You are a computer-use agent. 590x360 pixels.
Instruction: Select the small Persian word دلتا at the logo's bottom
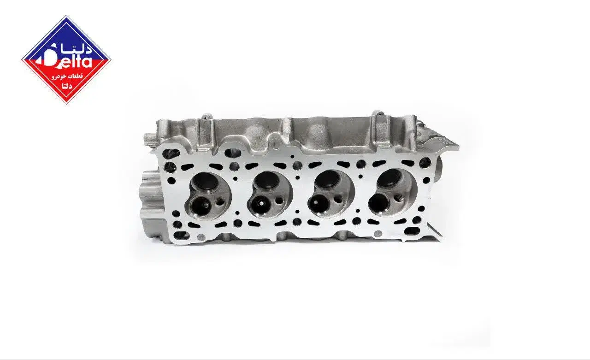point(66,86)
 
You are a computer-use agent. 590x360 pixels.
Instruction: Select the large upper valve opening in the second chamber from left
point(266,180)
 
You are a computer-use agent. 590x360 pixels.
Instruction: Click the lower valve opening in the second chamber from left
point(259,205)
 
